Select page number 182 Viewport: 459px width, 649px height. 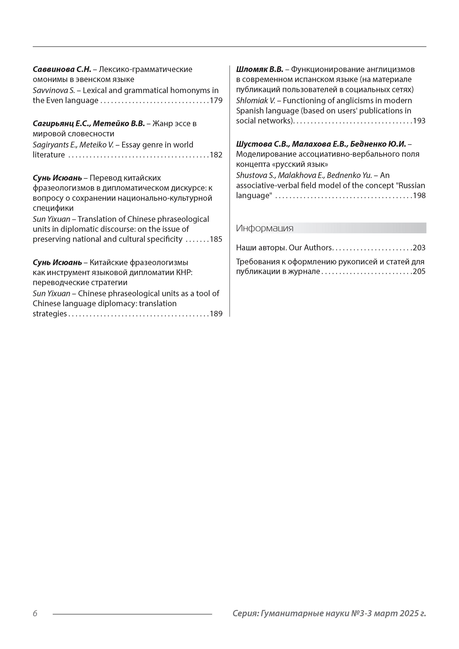coord(216,155)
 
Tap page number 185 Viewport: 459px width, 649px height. coord(216,239)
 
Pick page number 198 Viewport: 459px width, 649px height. coord(419,196)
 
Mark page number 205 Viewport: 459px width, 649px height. coord(419,272)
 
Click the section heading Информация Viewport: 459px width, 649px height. coord(265,228)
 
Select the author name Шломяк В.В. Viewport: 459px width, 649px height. coord(260,69)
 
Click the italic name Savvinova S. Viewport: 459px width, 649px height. coord(54,90)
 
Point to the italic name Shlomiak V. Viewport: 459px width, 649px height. coord(256,101)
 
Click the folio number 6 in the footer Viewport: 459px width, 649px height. coord(35,613)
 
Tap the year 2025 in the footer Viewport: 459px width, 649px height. coord(408,613)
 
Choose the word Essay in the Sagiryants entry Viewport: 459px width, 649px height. coord(131,145)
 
